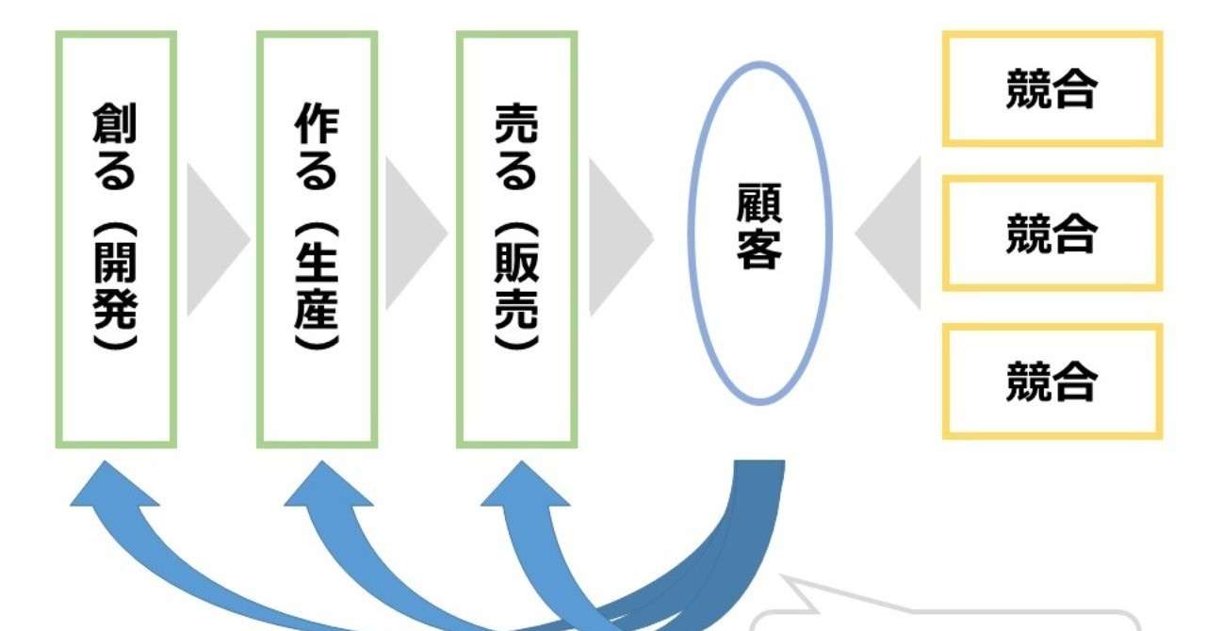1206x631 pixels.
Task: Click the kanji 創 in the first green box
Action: click(115, 123)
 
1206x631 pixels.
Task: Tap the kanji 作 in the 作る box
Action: click(318, 123)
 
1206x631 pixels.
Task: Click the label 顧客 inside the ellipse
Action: click(759, 226)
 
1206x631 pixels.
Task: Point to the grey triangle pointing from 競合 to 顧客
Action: click(888, 234)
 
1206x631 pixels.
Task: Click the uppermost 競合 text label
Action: click(1051, 89)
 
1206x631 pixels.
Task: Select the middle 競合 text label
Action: click(1051, 234)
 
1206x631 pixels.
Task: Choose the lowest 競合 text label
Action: click(1051, 381)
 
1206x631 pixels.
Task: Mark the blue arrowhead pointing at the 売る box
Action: click(524, 485)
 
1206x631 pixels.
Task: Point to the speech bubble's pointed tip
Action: click(782, 576)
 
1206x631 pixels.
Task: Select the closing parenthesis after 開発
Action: click(115, 343)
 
